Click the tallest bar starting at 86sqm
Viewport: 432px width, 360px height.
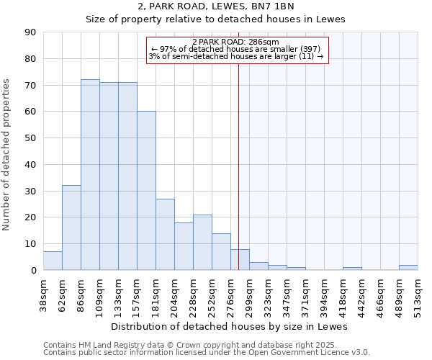point(90,175)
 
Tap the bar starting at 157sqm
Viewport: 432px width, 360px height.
point(146,191)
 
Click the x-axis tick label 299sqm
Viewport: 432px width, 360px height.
point(249,300)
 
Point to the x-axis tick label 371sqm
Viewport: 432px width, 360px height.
point(305,300)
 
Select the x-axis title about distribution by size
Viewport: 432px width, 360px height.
point(230,326)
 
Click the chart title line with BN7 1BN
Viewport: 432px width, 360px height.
point(216,6)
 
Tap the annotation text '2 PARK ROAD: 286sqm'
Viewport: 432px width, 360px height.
point(237,42)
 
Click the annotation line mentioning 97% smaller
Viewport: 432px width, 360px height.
point(237,49)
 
